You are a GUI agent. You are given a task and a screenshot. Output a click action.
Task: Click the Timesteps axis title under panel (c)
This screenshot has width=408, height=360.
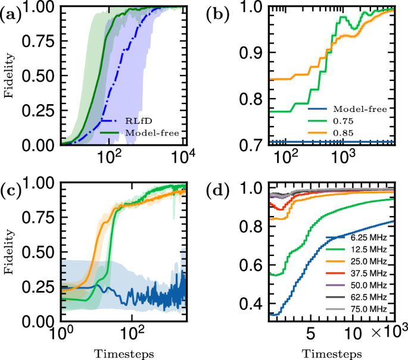click(x=124, y=353)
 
